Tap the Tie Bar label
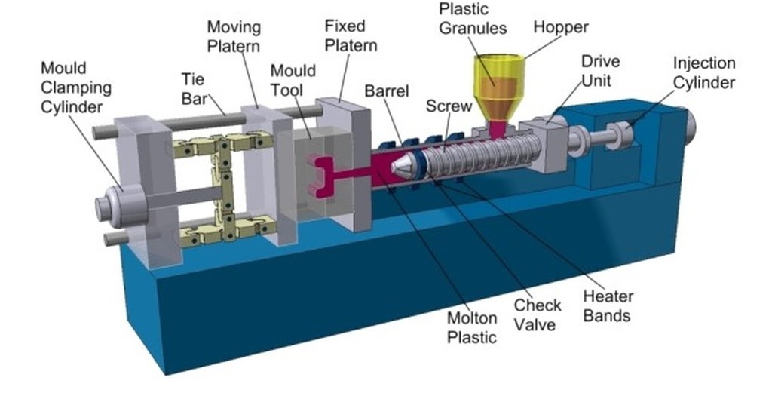(195, 88)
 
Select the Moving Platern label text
(234, 36)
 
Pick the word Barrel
(386, 91)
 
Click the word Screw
(449, 106)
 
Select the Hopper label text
(560, 27)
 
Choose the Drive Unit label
(601, 69)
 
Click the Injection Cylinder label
(703, 72)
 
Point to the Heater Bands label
(608, 305)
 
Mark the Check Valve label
(538, 314)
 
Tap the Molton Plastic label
(472, 327)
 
